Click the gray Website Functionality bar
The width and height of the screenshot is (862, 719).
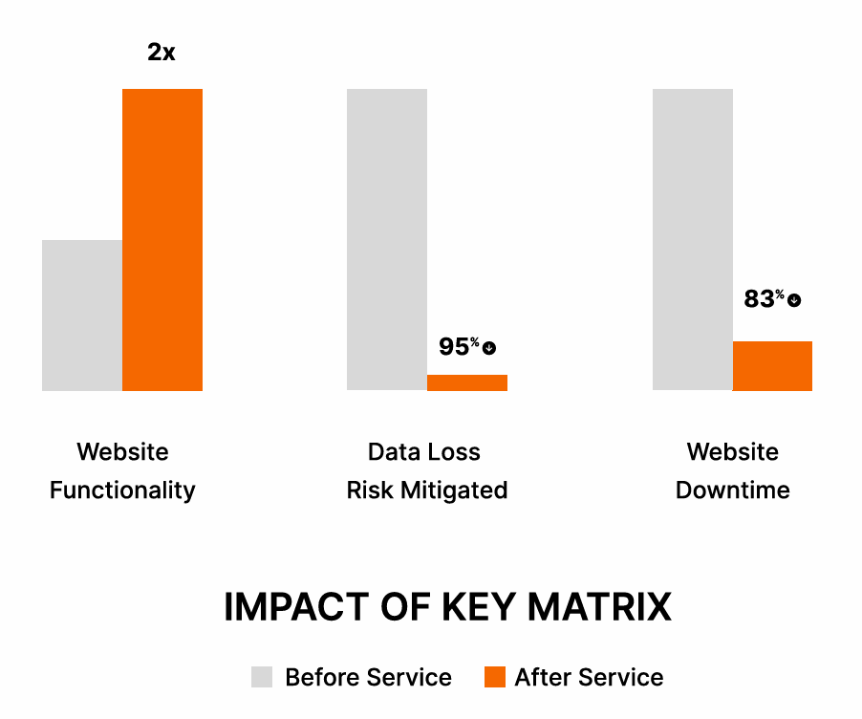(82, 316)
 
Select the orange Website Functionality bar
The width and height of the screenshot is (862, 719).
(162, 239)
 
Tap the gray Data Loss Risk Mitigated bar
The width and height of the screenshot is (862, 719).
(387, 239)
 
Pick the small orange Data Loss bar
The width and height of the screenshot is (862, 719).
(467, 382)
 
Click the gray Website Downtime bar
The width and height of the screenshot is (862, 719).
(693, 239)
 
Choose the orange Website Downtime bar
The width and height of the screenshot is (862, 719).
(772, 366)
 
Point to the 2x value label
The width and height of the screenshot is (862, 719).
(162, 53)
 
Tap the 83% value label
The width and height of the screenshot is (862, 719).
(764, 299)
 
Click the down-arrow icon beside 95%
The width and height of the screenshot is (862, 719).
(489, 348)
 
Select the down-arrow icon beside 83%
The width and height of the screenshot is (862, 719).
(794, 300)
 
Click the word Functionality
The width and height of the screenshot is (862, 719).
(122, 490)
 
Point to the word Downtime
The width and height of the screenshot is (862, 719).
(733, 490)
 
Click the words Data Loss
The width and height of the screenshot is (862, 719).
(424, 452)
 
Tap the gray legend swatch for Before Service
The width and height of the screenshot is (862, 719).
(262, 677)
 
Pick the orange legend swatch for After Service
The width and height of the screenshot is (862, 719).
(494, 677)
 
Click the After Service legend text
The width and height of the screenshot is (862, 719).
(589, 677)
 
